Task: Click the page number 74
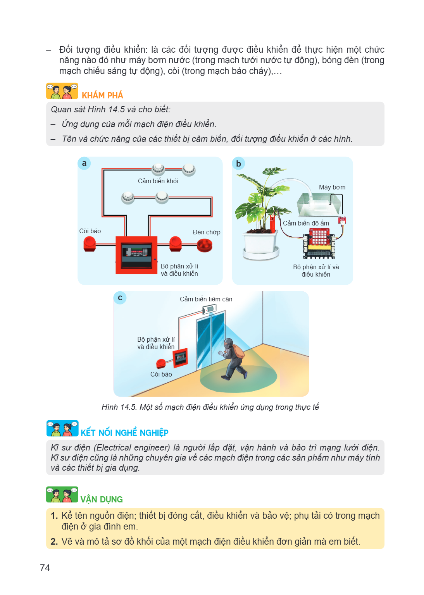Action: (x=45, y=567)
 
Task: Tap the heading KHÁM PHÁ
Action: (x=102, y=95)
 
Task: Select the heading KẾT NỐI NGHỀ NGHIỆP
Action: (x=124, y=433)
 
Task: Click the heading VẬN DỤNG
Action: (x=102, y=499)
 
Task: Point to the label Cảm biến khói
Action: (x=158, y=181)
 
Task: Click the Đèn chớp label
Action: (x=207, y=232)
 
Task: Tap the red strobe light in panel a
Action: (x=204, y=246)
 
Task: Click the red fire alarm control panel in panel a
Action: (x=136, y=255)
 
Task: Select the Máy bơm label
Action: (x=332, y=187)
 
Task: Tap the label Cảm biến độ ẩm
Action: (x=306, y=223)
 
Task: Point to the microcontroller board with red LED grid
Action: (x=319, y=243)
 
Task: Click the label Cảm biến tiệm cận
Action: (x=206, y=299)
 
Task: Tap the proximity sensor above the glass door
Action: (x=209, y=309)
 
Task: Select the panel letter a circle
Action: (x=84, y=163)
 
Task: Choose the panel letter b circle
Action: (x=238, y=163)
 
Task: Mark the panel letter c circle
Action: (x=120, y=298)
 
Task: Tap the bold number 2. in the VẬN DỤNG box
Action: (x=54, y=541)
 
